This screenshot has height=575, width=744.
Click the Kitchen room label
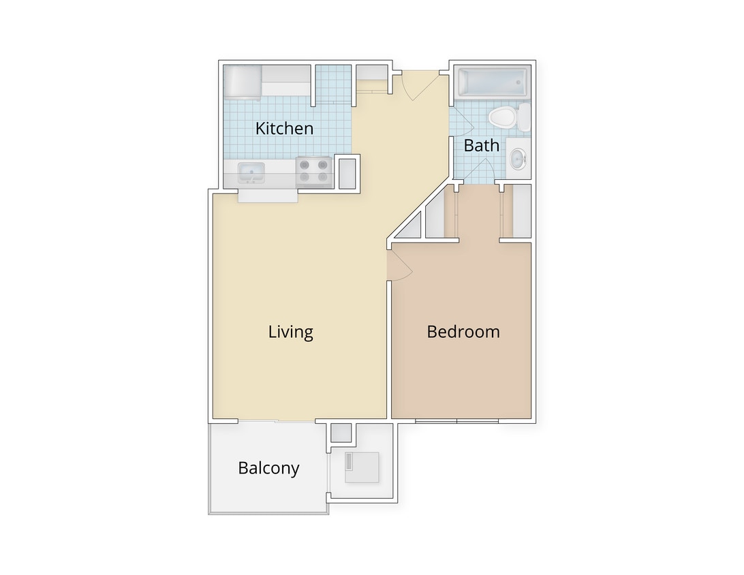pos(284,128)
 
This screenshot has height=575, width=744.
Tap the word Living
pos(290,332)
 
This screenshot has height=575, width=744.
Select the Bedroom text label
pos(463,332)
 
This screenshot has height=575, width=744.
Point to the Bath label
pos(481,145)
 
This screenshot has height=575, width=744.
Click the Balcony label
pos(268,468)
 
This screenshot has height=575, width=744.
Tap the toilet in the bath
pos(505,118)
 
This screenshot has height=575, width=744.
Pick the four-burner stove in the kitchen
pos(313,171)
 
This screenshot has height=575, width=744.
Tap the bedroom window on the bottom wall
pos(456,421)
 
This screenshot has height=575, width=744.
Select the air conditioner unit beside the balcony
pos(361,467)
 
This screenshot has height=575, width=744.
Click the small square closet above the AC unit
pos(340,433)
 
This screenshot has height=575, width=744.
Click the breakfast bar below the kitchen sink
pos(267,196)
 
